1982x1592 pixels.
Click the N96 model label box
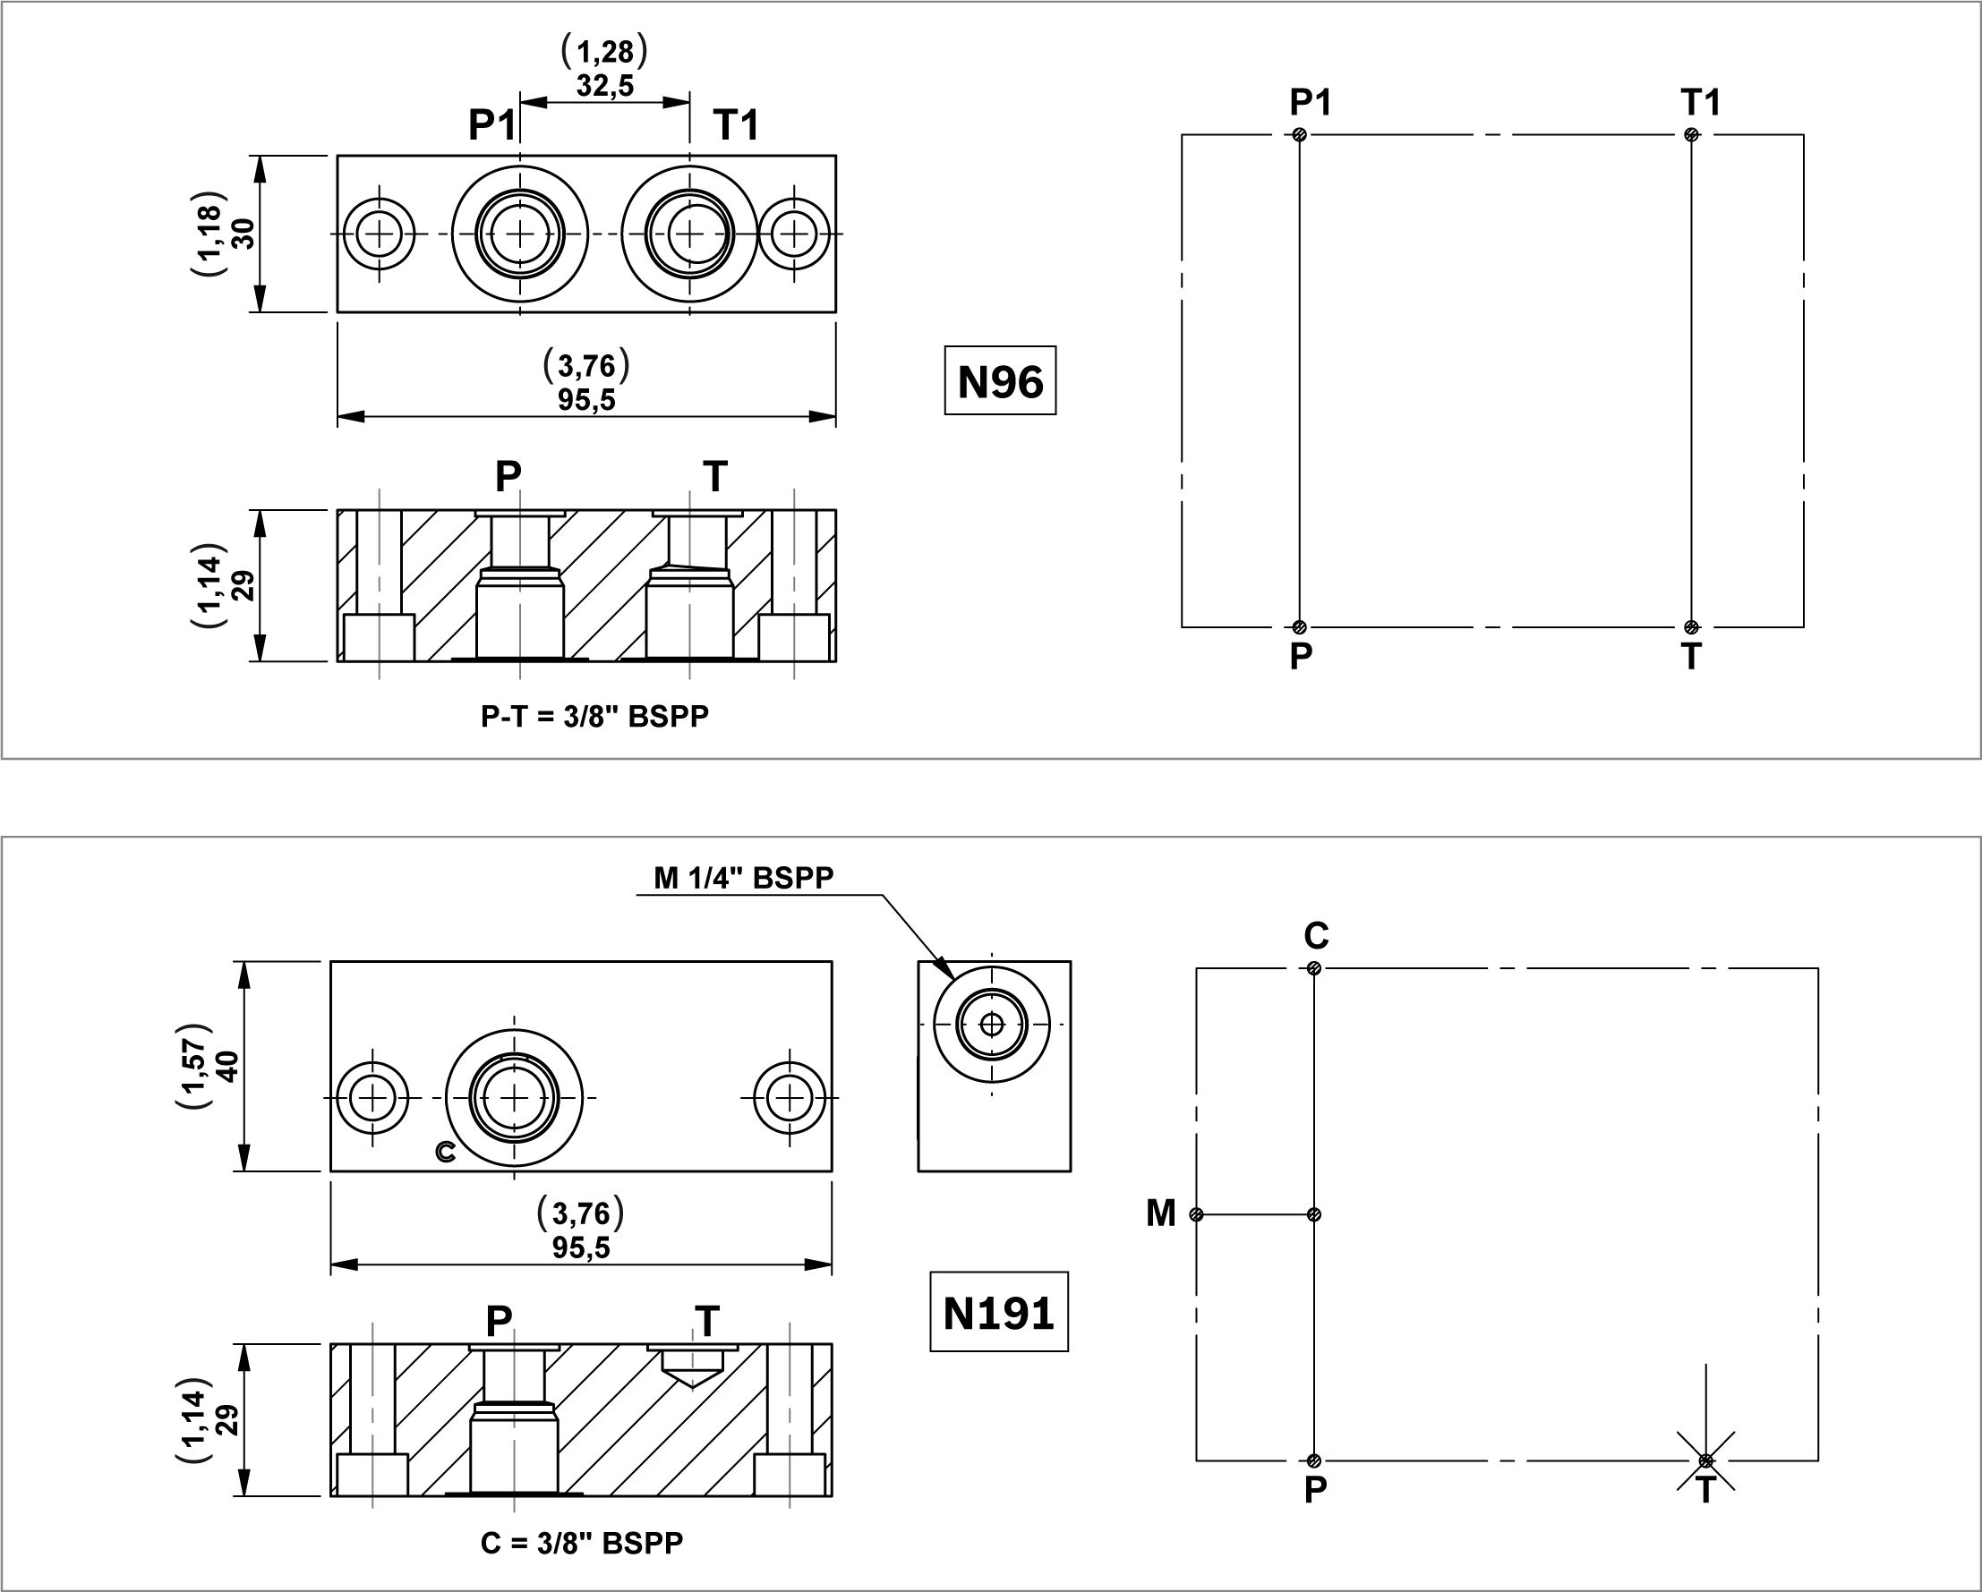tap(1000, 380)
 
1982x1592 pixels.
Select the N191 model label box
tap(999, 1312)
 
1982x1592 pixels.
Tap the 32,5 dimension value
tap(605, 86)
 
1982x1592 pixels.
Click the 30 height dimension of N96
tap(243, 234)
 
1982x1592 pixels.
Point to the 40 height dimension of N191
tap(227, 1066)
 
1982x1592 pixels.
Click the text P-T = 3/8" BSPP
tap(594, 716)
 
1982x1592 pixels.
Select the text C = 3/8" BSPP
tap(582, 1543)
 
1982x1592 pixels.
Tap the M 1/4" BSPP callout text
tap(744, 878)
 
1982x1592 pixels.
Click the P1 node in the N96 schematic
tap(1299, 135)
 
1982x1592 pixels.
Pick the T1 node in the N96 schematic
tap(1691, 135)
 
